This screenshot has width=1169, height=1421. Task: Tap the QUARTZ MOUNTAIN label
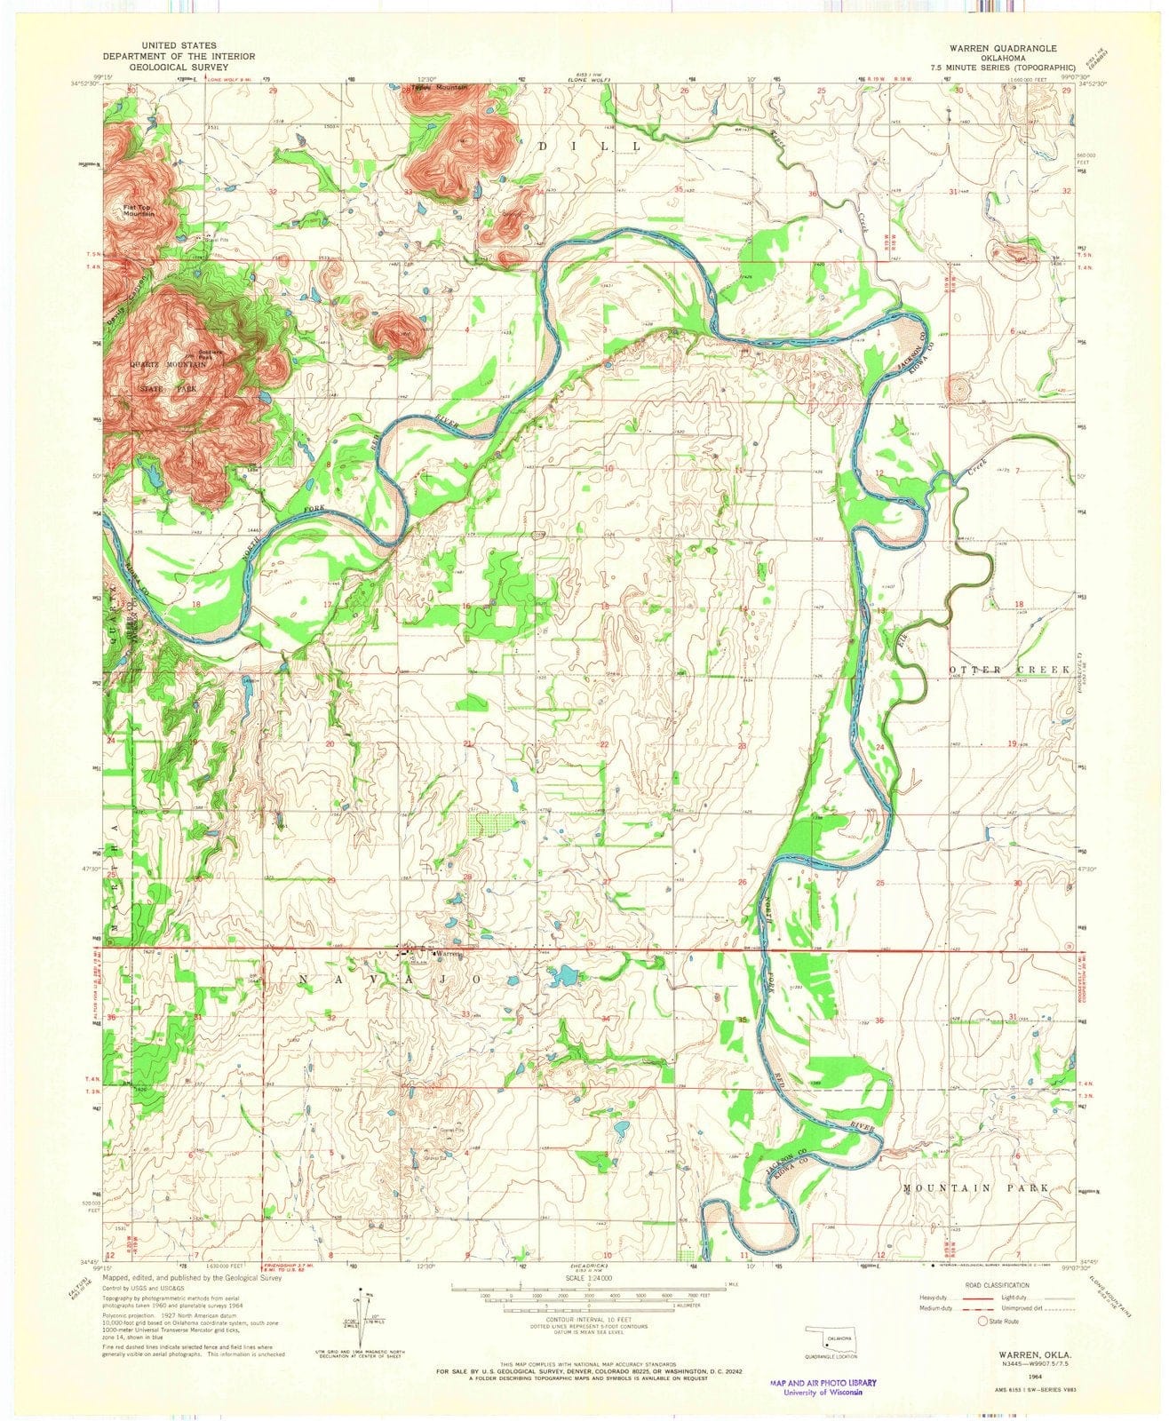coord(170,365)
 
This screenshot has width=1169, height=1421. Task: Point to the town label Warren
coord(449,953)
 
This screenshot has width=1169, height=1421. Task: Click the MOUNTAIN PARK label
coord(976,1187)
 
